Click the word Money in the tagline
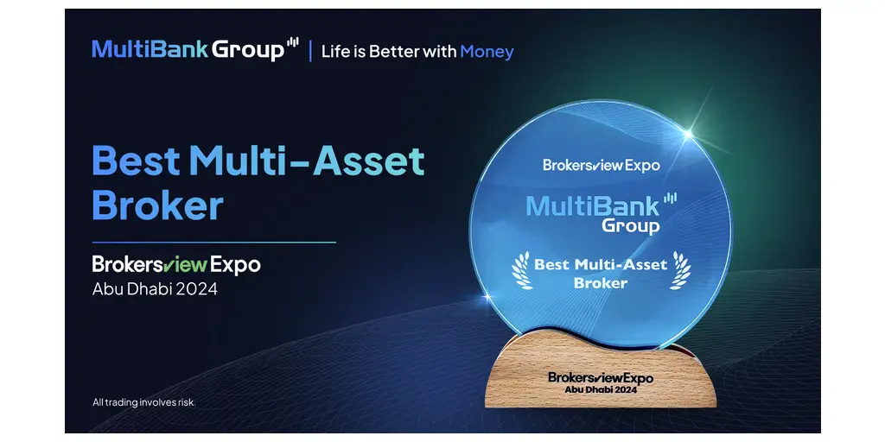click(x=487, y=52)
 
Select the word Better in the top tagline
click(x=392, y=51)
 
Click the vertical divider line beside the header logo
click(x=310, y=50)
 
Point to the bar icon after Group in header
click(x=292, y=43)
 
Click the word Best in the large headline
click(x=136, y=161)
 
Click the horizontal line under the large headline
click(x=214, y=243)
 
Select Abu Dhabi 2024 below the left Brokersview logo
click(x=155, y=289)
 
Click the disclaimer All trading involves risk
click(x=144, y=402)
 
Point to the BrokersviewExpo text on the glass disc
click(x=602, y=165)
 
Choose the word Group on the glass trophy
click(x=630, y=225)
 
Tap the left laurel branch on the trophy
click(x=521, y=270)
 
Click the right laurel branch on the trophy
click(x=681, y=270)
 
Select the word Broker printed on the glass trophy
click(x=601, y=282)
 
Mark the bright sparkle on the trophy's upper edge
click(x=688, y=134)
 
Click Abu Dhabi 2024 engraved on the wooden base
click(x=601, y=389)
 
